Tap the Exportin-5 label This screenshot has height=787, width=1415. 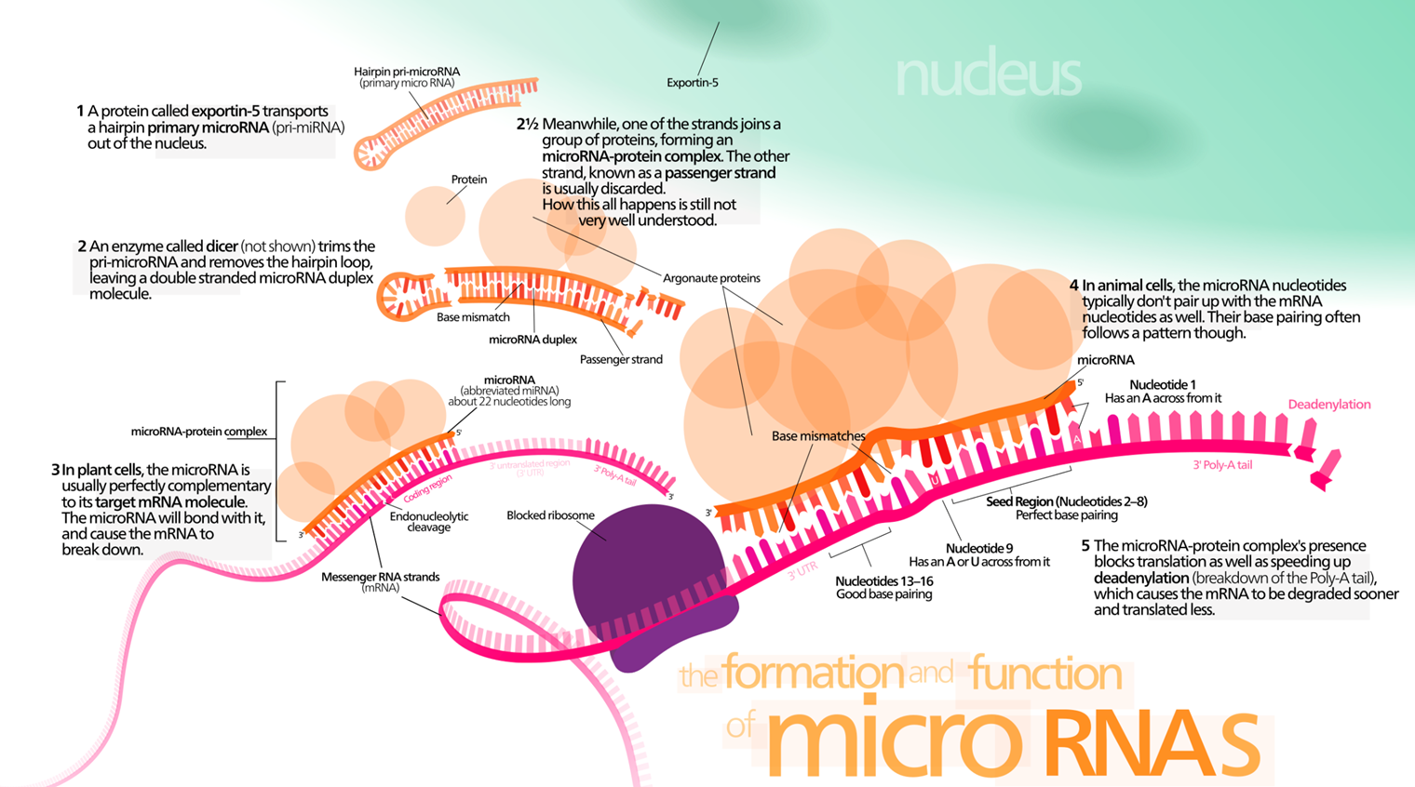[x=693, y=83]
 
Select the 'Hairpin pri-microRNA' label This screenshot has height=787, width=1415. [x=407, y=72]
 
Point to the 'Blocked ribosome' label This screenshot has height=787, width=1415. [x=550, y=515]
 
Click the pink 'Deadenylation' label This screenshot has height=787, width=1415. [x=1329, y=405]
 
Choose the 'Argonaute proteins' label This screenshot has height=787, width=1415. [x=711, y=278]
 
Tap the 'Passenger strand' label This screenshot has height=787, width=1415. [x=621, y=360]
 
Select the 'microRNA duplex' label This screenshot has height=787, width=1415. [x=532, y=340]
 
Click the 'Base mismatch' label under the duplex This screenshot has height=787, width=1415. [x=473, y=317]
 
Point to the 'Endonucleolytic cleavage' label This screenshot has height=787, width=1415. [x=429, y=522]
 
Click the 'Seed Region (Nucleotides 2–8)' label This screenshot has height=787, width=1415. [x=1066, y=501]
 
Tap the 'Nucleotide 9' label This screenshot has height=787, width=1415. [x=979, y=549]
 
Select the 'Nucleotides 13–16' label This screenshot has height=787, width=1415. [x=883, y=581]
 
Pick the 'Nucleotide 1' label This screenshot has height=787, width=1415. [x=1163, y=385]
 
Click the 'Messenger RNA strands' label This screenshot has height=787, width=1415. [x=380, y=577]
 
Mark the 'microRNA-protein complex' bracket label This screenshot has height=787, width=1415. [x=199, y=432]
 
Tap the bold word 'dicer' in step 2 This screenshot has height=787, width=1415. [x=222, y=247]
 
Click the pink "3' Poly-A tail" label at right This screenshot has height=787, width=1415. [x=1222, y=466]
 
